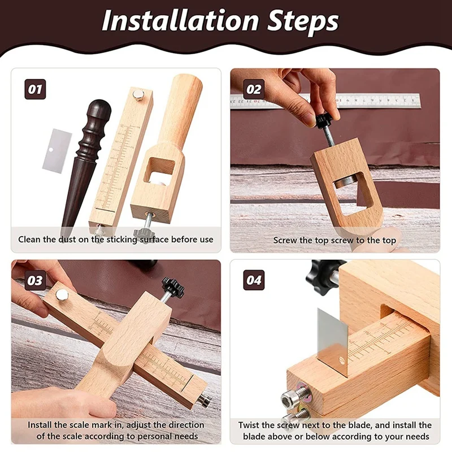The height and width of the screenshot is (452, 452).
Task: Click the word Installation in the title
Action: (180, 21)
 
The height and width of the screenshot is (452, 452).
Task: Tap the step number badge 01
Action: (35, 89)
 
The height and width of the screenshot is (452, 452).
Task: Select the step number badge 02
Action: (254, 89)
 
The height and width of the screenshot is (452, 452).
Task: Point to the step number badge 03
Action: (35, 280)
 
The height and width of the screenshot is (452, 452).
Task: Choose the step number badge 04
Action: (254, 280)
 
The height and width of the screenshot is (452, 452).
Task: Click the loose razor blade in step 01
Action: (57, 151)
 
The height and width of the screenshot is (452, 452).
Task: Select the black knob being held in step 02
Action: (324, 121)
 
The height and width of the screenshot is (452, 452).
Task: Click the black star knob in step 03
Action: (173, 287)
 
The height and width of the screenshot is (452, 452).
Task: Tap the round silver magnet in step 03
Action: (62, 294)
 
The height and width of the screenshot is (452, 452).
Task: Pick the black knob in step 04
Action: (323, 272)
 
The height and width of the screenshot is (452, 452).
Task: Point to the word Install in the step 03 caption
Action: (40, 425)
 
